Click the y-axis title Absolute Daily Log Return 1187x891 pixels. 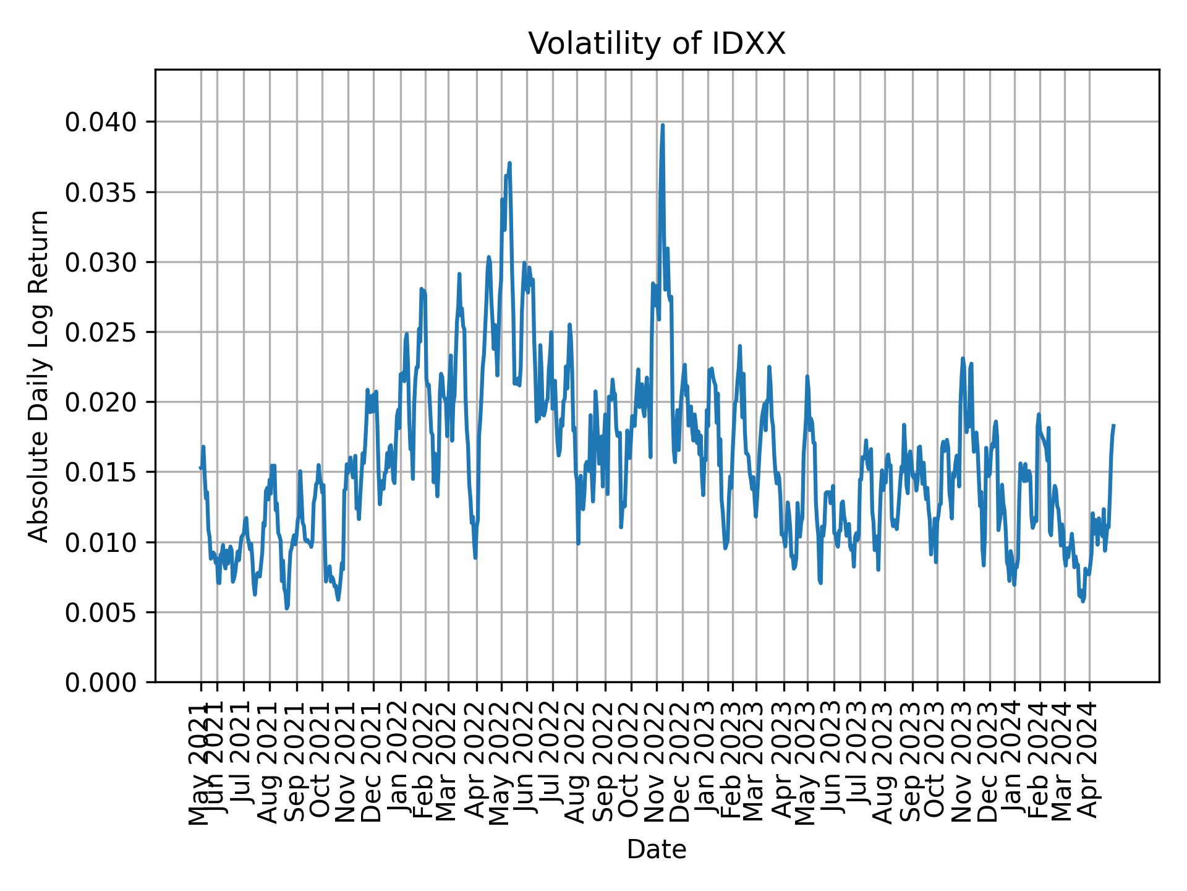[39, 376]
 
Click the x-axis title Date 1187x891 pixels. [657, 850]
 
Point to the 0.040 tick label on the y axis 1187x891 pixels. [100, 123]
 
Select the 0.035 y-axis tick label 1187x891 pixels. [100, 192]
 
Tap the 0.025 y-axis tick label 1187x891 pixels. [100, 333]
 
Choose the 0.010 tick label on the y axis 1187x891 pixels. [100, 543]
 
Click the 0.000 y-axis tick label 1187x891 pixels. [100, 682]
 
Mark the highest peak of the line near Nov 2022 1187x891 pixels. [662, 126]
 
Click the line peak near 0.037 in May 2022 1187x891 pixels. [509, 163]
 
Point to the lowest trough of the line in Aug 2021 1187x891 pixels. [287, 608]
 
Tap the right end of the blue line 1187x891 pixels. [1113, 425]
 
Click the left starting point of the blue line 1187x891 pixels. [200, 467]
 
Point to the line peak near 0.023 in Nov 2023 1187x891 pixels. [963, 358]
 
